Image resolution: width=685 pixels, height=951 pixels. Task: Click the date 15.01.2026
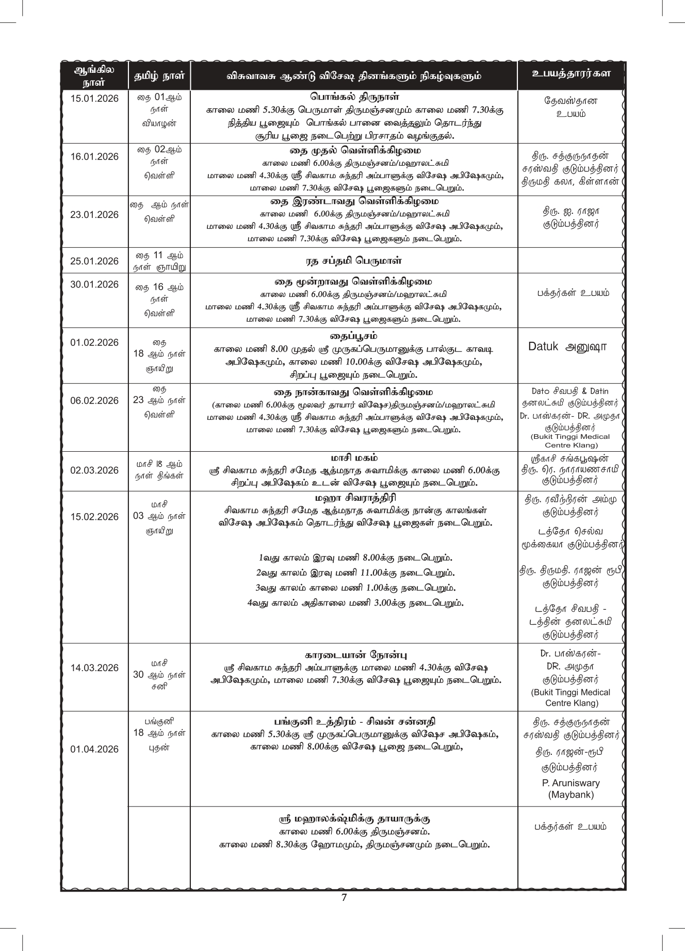tap(94, 99)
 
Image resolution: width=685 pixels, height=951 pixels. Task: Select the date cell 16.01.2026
tap(94, 157)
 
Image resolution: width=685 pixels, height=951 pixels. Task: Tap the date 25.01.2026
tap(94, 261)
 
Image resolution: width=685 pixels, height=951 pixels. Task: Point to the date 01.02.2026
tap(94, 343)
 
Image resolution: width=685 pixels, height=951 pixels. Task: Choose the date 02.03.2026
tap(94, 470)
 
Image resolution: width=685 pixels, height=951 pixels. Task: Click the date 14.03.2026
tap(94, 668)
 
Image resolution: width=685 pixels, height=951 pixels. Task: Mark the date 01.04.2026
tap(94, 749)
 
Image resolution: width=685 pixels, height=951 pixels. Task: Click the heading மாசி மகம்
tap(354, 458)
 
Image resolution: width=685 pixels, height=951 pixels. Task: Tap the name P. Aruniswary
tap(571, 783)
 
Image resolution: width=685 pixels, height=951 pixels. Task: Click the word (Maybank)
tap(571, 795)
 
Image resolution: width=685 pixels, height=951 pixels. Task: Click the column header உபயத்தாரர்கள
tap(571, 74)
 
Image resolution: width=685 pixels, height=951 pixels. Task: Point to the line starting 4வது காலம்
tap(355, 603)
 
